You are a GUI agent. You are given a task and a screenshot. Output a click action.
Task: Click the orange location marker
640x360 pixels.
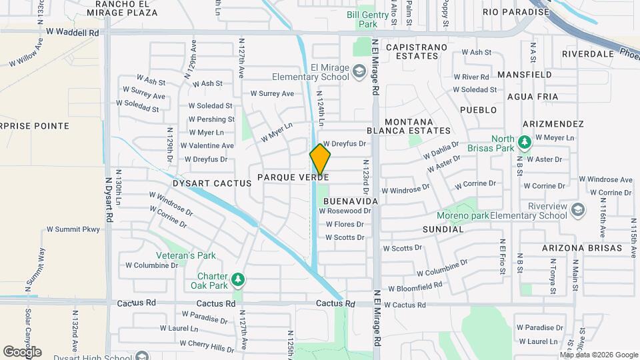[320, 159]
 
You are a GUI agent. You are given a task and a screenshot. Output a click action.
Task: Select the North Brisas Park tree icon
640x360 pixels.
[525, 141]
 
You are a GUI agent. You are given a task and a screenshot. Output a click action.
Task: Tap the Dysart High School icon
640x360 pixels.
[142, 356]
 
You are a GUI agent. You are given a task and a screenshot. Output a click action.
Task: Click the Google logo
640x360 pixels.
[22, 351]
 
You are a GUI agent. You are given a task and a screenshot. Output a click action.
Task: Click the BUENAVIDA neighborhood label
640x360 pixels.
[351, 201]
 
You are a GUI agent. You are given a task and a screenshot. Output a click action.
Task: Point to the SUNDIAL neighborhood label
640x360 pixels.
[443, 229]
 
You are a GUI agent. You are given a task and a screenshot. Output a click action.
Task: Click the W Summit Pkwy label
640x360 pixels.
[73, 229]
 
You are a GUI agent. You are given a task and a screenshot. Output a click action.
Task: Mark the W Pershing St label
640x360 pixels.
[211, 119]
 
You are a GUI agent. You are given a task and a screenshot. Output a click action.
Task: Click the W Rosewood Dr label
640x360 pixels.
[345, 211]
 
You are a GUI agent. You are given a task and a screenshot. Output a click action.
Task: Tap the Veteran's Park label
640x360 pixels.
[186, 255]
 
